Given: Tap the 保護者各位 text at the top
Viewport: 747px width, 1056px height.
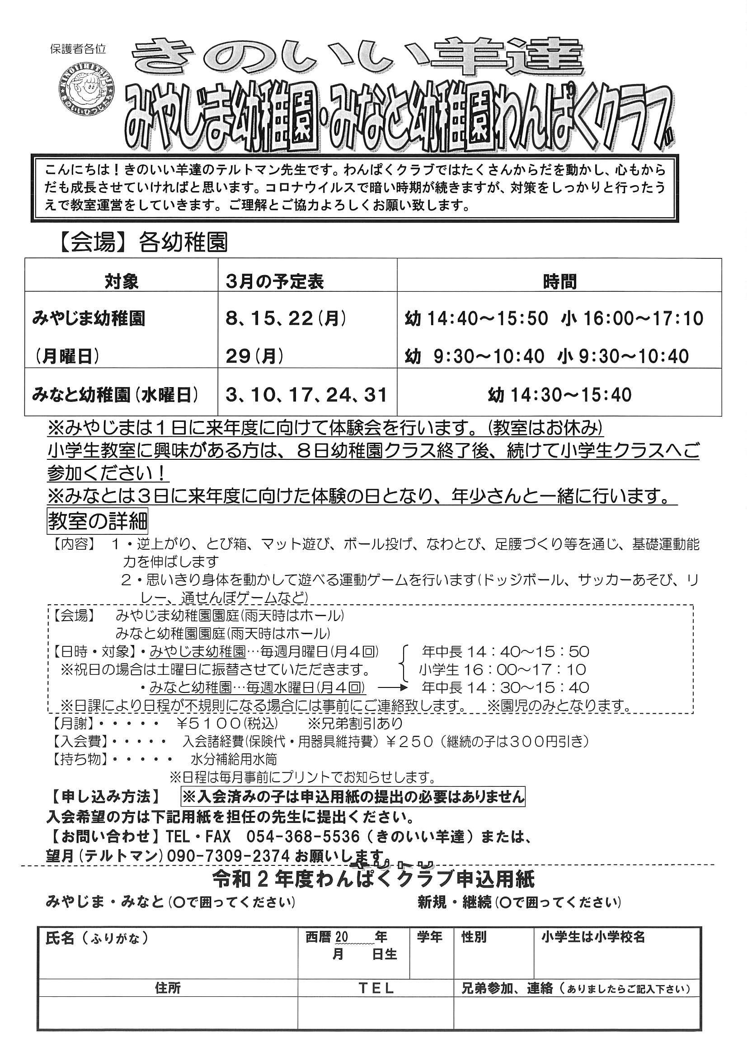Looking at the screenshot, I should [78, 49].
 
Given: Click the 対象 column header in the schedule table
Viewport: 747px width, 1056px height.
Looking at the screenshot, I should [122, 281].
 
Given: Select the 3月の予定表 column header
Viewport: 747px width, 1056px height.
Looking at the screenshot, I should [275, 281].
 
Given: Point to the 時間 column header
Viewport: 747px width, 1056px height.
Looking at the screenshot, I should [559, 281].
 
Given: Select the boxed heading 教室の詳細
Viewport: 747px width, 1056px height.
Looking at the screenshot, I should [98, 521].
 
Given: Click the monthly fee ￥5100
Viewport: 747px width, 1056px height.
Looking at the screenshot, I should [209, 724].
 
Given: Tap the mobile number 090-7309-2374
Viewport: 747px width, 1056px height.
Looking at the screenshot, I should [228, 855].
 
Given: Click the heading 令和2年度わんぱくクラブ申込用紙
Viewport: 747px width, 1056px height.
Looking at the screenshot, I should [373, 880].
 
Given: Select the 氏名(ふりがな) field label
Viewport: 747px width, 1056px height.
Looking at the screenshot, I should [97, 938].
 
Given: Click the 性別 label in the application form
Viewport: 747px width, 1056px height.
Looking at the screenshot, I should [474, 937].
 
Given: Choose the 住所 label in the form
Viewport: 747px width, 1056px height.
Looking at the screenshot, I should [168, 988].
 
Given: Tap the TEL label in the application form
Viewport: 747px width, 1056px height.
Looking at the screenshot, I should [376, 988].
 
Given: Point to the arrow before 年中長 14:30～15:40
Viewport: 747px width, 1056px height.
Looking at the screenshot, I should [394, 688].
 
